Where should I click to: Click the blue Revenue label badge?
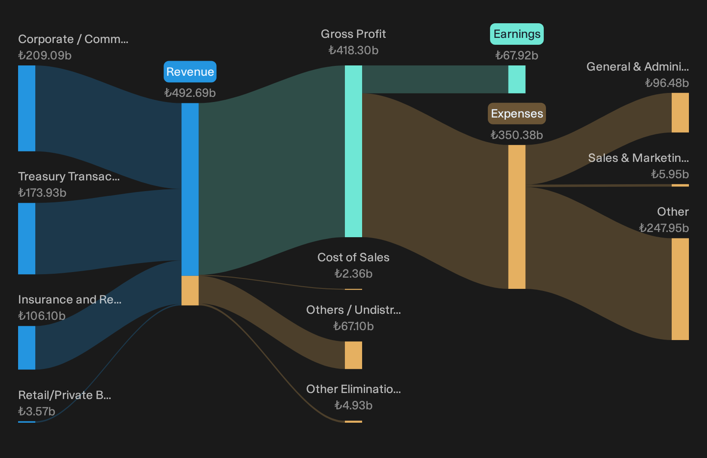[x=190, y=71]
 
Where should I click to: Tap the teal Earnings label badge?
[x=517, y=34]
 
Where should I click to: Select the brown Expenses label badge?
[x=517, y=113]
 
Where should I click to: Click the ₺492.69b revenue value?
[x=190, y=93]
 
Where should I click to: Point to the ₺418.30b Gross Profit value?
[x=353, y=50]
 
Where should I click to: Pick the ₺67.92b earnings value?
[x=517, y=55]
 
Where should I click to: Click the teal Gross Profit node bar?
[x=353, y=151]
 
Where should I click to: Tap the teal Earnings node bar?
[x=517, y=79]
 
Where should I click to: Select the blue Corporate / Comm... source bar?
[x=27, y=108]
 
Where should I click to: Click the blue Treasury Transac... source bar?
[x=27, y=238]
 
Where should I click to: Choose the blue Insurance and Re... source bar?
[x=27, y=347]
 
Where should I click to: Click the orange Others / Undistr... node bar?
[x=353, y=355]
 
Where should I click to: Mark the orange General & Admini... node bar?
[x=680, y=113]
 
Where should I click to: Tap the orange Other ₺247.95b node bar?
[x=680, y=289]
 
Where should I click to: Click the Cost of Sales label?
[x=353, y=257]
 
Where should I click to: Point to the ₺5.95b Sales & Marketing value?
[x=670, y=174]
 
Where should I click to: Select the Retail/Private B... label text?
[x=65, y=395]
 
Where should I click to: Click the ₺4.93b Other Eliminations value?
[x=353, y=405]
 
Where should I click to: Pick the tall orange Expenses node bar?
[x=517, y=217]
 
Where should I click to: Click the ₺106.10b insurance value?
[x=42, y=316]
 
